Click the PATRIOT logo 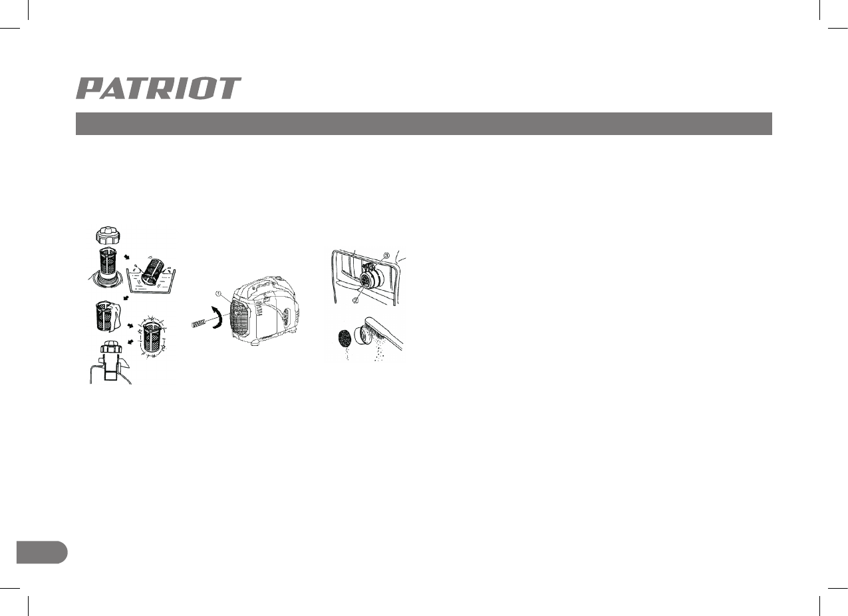pos(158,88)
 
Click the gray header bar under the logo pos(424,124)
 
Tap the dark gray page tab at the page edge pos(41,552)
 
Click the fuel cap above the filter pos(108,235)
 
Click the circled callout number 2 pos(356,300)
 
